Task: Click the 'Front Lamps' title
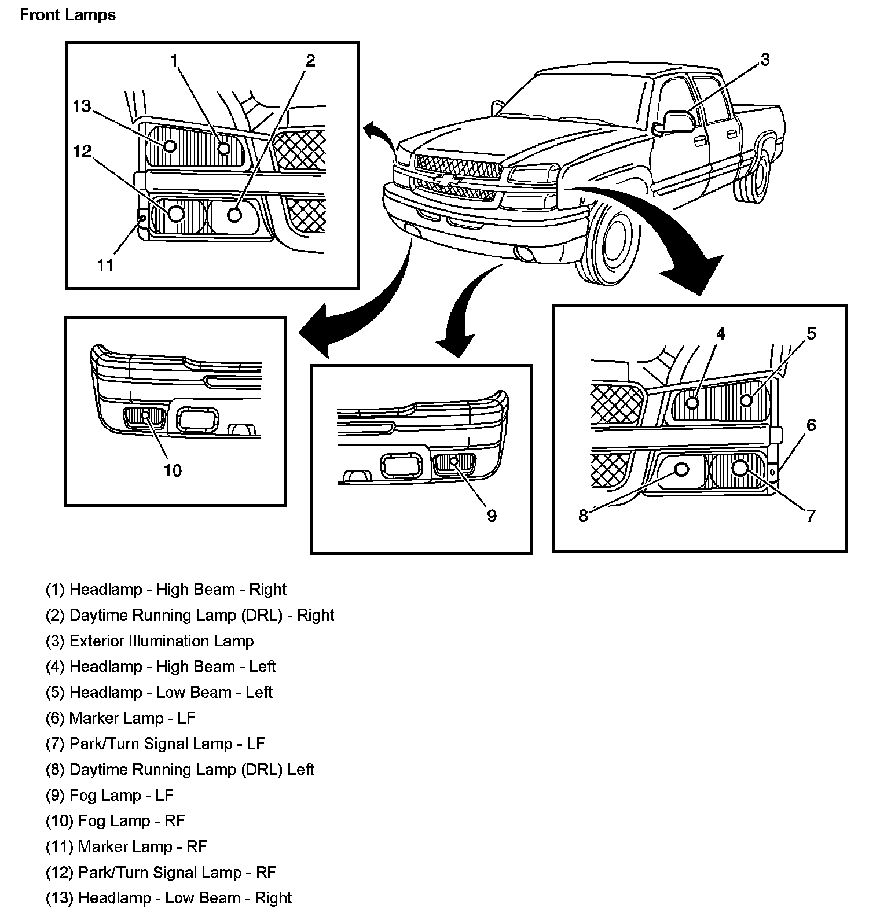pyautogui.click(x=68, y=15)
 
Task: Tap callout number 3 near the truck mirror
pyautogui.click(x=765, y=60)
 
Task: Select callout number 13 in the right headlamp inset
pyautogui.click(x=82, y=106)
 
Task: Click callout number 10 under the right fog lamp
pyautogui.click(x=173, y=470)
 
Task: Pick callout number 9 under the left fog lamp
pyautogui.click(x=492, y=516)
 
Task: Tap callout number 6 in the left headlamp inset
pyautogui.click(x=811, y=425)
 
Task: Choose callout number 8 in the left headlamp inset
pyautogui.click(x=583, y=516)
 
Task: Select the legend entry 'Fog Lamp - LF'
pyautogui.click(x=109, y=795)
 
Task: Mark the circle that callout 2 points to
pyautogui.click(x=234, y=215)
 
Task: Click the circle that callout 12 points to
pyautogui.click(x=177, y=214)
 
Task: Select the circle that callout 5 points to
pyautogui.click(x=747, y=400)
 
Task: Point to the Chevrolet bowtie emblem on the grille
pyautogui.click(x=449, y=180)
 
